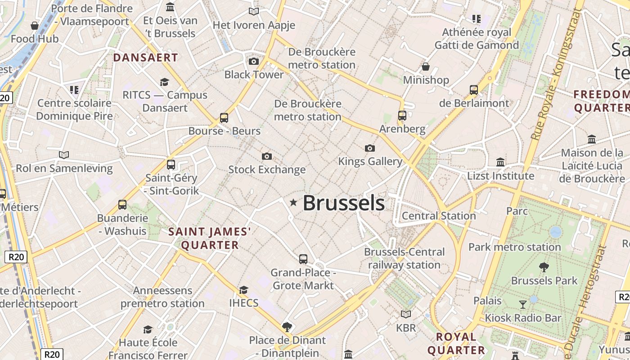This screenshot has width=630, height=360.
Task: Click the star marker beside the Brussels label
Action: pyautogui.click(x=293, y=203)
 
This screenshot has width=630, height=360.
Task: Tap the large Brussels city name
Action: pyautogui.click(x=344, y=203)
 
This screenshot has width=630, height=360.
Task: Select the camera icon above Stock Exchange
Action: pyautogui.click(x=267, y=156)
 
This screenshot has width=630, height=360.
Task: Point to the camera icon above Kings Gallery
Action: pyautogui.click(x=370, y=148)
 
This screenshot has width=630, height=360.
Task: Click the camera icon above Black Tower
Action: pyautogui.click(x=254, y=61)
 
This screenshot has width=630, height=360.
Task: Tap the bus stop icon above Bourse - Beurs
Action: pyautogui.click(x=224, y=118)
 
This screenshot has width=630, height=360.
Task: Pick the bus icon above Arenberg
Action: pyautogui.click(x=402, y=116)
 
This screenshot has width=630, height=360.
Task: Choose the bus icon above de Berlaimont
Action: pyautogui.click(x=474, y=90)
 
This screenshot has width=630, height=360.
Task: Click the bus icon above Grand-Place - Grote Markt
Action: pyautogui.click(x=303, y=259)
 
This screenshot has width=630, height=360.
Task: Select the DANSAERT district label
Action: pyautogui.click(x=146, y=58)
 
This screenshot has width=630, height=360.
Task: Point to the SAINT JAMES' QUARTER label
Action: pyautogui.click(x=210, y=238)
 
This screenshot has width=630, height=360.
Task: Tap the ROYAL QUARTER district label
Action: pyautogui.click(x=456, y=343)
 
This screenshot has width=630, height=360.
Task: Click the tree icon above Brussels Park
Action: pyautogui.click(x=544, y=267)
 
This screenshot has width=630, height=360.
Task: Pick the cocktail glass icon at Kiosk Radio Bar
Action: pyautogui.click(x=522, y=305)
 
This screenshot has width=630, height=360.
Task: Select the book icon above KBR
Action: pyautogui.click(x=406, y=315)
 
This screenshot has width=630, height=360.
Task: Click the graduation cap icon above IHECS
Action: pyautogui.click(x=243, y=290)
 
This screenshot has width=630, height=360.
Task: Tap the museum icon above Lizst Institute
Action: pyautogui.click(x=500, y=162)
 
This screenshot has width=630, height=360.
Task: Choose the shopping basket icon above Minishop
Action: pyautogui.click(x=426, y=67)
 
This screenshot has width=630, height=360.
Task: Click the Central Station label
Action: pyautogui.click(x=439, y=216)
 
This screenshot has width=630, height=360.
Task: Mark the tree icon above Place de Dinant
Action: pyautogui.click(x=287, y=327)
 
